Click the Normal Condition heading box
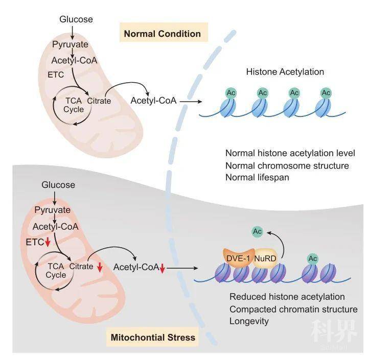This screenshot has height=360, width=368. point(162,34)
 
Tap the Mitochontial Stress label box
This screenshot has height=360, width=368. point(152,338)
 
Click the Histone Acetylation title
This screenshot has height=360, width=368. point(285,72)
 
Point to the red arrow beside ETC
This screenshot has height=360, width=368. point(48,242)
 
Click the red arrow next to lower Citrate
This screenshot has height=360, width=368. point(100,268)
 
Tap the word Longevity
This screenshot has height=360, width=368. point(249,321)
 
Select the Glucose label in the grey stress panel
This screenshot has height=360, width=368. point(58,185)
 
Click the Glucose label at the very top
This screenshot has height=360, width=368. point(76,19)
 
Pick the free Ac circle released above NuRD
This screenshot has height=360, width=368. point(258,232)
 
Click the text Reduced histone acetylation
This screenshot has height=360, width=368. point(287,297)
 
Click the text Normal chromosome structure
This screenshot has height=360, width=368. point(287,165)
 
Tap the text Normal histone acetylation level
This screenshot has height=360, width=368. point(290,153)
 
